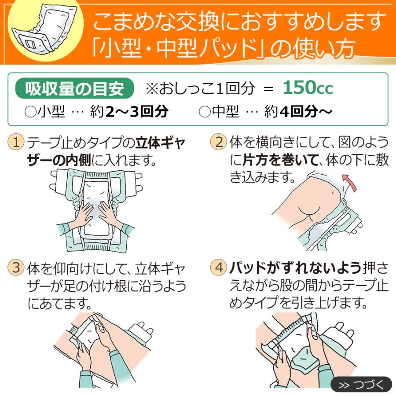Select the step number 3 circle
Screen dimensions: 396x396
coord(16,268)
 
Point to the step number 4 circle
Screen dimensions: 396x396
coord(219,268)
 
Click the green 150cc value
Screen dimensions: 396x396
coord(308,88)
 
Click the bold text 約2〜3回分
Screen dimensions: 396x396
coord(136,112)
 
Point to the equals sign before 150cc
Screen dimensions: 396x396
coord(268,89)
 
